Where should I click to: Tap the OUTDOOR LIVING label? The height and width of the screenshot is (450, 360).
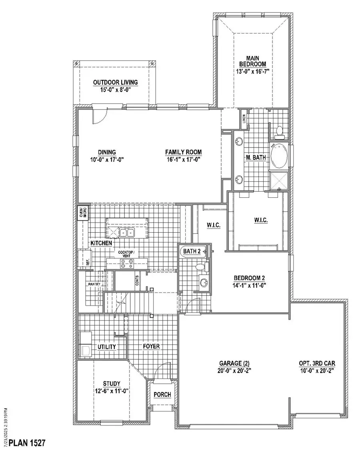tap(115, 82)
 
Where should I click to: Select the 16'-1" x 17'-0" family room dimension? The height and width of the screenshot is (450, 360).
tap(183, 159)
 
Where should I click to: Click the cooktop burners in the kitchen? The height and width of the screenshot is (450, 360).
tap(127, 263)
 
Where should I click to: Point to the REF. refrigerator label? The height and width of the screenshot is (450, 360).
tap(87, 262)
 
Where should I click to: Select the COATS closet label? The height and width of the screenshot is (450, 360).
tap(137, 281)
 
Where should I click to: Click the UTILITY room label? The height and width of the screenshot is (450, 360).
tap(106, 346)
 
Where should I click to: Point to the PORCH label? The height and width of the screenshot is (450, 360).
tap(162, 394)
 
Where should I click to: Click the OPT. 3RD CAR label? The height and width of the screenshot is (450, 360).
tap(316, 364)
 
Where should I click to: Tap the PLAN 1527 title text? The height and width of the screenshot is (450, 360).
tap(27, 443)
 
